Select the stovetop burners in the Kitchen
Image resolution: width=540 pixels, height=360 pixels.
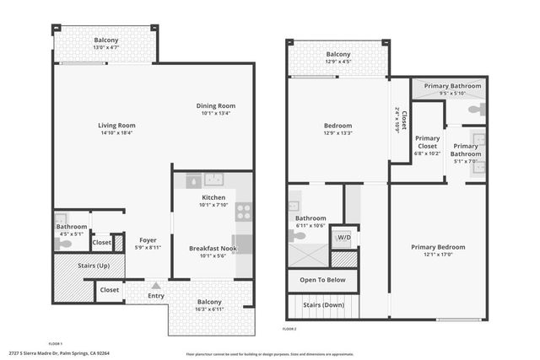(243, 212)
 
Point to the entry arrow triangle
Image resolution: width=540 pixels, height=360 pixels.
(155, 286)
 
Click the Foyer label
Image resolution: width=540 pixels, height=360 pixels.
(148, 239)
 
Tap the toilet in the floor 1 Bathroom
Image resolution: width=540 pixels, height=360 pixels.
(64, 244)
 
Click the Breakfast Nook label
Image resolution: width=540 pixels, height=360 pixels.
(211, 248)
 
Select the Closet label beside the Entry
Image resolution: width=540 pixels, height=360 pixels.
(109, 290)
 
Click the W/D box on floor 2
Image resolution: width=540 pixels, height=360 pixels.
(343, 236)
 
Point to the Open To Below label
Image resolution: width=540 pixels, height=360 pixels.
(322, 280)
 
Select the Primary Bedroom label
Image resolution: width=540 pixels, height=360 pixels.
(438, 247)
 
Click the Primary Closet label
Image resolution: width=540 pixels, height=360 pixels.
(427, 142)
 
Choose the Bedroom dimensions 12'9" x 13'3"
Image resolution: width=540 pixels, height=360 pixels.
(337, 133)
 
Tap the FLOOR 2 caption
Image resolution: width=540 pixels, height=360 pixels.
(290, 328)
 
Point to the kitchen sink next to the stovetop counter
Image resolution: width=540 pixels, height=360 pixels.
(213, 180)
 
